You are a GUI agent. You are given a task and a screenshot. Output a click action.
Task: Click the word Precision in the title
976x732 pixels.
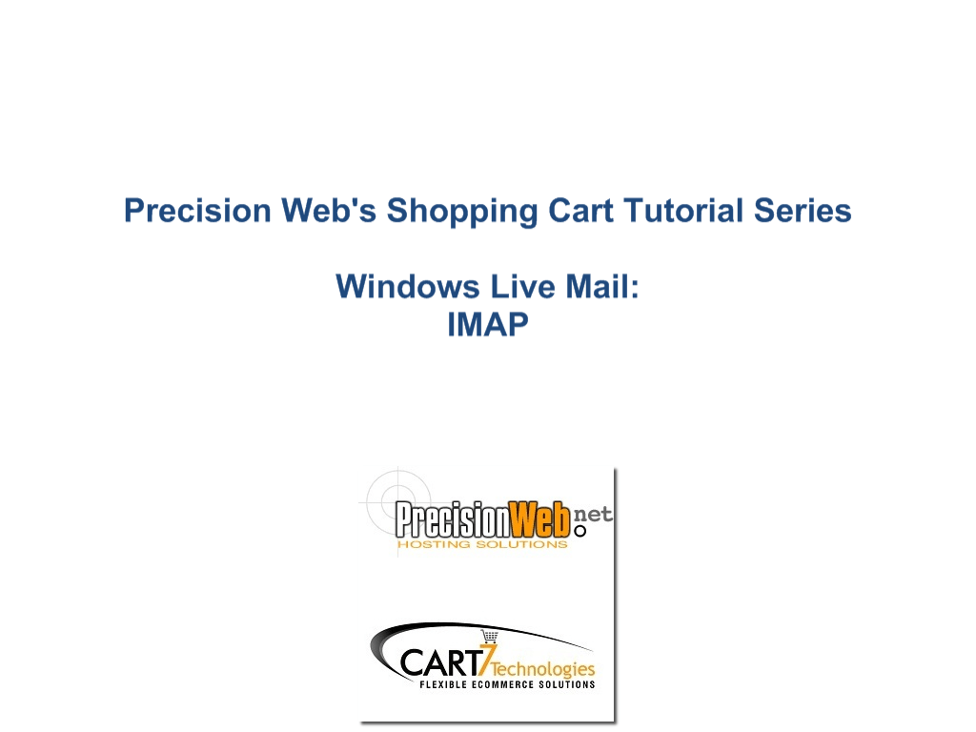(x=197, y=211)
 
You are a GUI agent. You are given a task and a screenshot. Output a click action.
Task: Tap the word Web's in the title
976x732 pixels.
(x=329, y=211)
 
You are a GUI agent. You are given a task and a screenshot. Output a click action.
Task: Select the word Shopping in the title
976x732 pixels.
(x=462, y=212)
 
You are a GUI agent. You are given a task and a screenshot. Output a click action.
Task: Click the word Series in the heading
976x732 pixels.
(x=803, y=211)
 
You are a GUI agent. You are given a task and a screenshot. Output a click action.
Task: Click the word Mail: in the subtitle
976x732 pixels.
(x=602, y=287)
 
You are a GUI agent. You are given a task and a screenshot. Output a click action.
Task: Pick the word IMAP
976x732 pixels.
(x=488, y=324)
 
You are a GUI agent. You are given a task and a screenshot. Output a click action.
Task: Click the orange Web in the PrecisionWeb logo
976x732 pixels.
(x=539, y=519)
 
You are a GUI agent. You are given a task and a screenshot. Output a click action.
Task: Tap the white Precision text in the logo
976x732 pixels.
(x=453, y=519)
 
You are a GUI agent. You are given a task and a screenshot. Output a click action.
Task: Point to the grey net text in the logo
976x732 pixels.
(x=592, y=514)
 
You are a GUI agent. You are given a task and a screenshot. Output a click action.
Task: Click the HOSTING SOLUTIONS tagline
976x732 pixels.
(x=482, y=544)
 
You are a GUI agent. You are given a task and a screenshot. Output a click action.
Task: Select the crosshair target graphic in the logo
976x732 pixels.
(x=399, y=501)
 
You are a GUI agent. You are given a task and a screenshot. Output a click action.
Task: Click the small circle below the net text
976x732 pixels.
(x=580, y=531)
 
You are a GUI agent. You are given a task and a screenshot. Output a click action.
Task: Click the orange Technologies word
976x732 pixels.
(x=542, y=669)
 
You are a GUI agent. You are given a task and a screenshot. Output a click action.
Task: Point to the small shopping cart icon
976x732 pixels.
(x=490, y=636)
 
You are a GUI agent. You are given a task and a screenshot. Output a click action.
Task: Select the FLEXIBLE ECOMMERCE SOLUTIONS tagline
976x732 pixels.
(x=507, y=684)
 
